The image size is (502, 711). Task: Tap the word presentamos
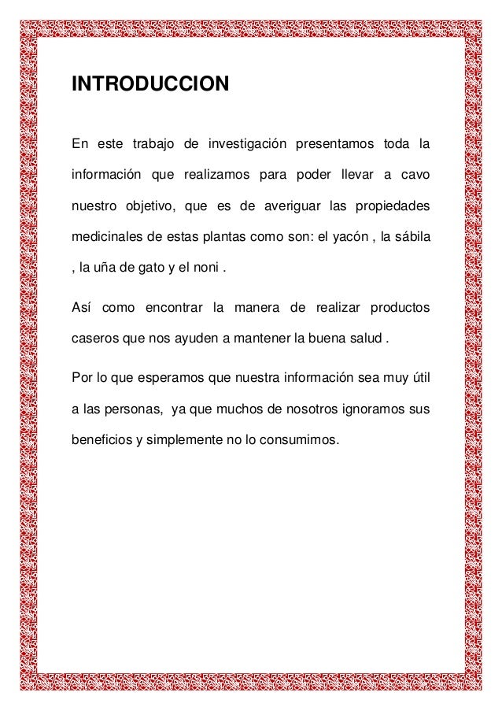(x=334, y=144)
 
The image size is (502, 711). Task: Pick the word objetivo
(x=148, y=207)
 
